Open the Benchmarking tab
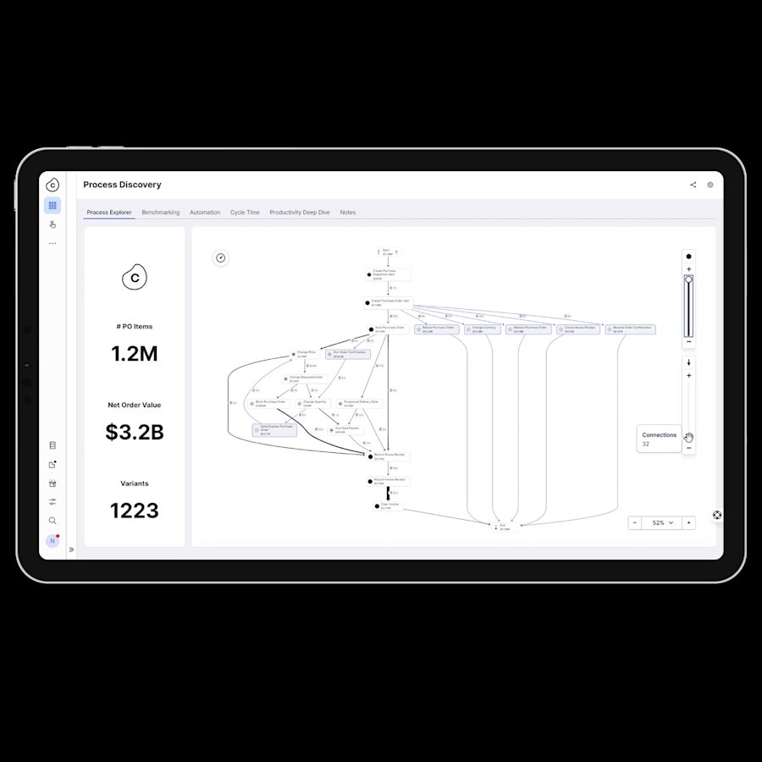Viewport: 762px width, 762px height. point(161,213)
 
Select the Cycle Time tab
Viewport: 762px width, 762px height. point(245,213)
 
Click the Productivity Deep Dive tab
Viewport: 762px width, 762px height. point(300,213)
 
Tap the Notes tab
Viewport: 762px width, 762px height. point(348,213)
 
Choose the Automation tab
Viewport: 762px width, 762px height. point(205,213)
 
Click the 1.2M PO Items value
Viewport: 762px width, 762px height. point(135,354)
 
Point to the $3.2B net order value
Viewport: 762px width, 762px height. point(135,433)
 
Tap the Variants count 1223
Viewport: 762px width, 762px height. point(135,511)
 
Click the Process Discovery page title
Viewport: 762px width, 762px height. point(122,185)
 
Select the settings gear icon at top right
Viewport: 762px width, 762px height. point(710,185)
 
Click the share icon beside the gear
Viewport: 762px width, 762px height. point(693,185)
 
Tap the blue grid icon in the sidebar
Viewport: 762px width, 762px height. point(52,205)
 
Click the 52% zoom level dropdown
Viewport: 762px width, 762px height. point(663,523)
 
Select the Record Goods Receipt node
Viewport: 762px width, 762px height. point(389,456)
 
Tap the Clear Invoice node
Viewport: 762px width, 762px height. point(389,505)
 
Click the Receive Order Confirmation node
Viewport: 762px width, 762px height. point(630,329)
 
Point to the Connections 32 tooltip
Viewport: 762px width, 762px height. point(659,439)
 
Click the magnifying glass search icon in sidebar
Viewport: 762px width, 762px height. point(52,521)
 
